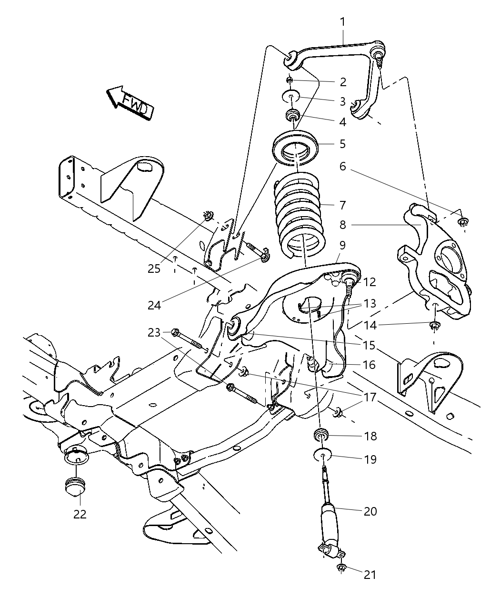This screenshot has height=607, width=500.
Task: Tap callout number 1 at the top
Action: [x=343, y=21]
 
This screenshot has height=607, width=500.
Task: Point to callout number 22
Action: [x=80, y=514]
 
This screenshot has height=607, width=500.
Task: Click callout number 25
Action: [x=154, y=269]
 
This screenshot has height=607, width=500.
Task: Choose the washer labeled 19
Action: [x=323, y=457]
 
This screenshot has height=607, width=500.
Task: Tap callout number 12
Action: [x=370, y=282]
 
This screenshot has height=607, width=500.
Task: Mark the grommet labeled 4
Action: [x=292, y=115]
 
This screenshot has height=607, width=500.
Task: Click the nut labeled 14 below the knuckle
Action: [x=434, y=326]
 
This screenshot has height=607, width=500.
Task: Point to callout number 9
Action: [x=342, y=245]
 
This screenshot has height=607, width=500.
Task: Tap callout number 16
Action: [x=369, y=365]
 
